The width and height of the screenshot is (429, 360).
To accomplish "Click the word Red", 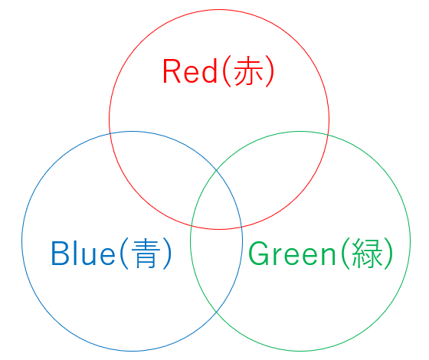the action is pyautogui.click(x=190, y=71).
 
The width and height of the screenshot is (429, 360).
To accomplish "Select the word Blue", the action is pyautogui.click(x=84, y=253).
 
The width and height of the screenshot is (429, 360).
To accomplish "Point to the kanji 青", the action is pyautogui.click(x=146, y=253).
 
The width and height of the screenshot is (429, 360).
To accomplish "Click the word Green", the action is pyautogui.click(x=292, y=253).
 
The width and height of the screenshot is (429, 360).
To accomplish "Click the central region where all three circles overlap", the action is pyautogui.click(x=217, y=202).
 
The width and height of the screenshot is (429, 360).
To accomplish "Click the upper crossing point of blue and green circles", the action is pyautogui.click(x=217, y=170).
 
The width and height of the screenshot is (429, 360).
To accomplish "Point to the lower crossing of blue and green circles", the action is pyautogui.click(x=217, y=312).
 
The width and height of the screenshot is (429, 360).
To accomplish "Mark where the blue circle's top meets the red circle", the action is pyautogui.click(x=110, y=133).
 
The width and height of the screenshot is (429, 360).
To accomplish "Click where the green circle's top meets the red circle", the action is pyautogui.click(x=328, y=134).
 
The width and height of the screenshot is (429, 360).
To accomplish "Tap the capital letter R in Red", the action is pyautogui.click(x=172, y=70).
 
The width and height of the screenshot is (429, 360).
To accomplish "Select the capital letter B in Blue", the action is pyautogui.click(x=60, y=253).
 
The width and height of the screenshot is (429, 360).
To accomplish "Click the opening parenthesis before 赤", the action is pyautogui.click(x=227, y=72).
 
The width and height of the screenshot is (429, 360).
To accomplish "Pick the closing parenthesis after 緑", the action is pyautogui.click(x=388, y=254).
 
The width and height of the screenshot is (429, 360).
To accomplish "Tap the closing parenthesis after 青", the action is pyautogui.click(x=167, y=254).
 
